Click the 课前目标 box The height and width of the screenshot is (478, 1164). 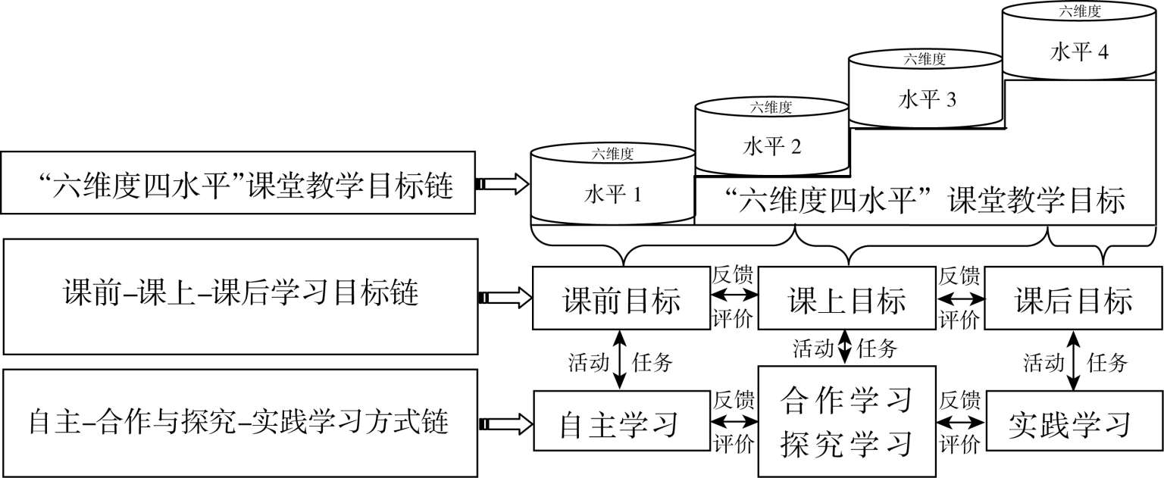click(x=621, y=298)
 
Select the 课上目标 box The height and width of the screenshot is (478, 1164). click(x=846, y=298)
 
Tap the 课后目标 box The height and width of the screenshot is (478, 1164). click(x=1072, y=298)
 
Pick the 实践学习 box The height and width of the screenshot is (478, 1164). click(x=1072, y=421)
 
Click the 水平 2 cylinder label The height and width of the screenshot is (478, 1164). click(x=771, y=146)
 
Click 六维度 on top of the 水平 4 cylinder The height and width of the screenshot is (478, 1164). click(x=1080, y=11)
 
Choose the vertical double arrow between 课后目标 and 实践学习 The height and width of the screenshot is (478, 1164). click(x=1072, y=360)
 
